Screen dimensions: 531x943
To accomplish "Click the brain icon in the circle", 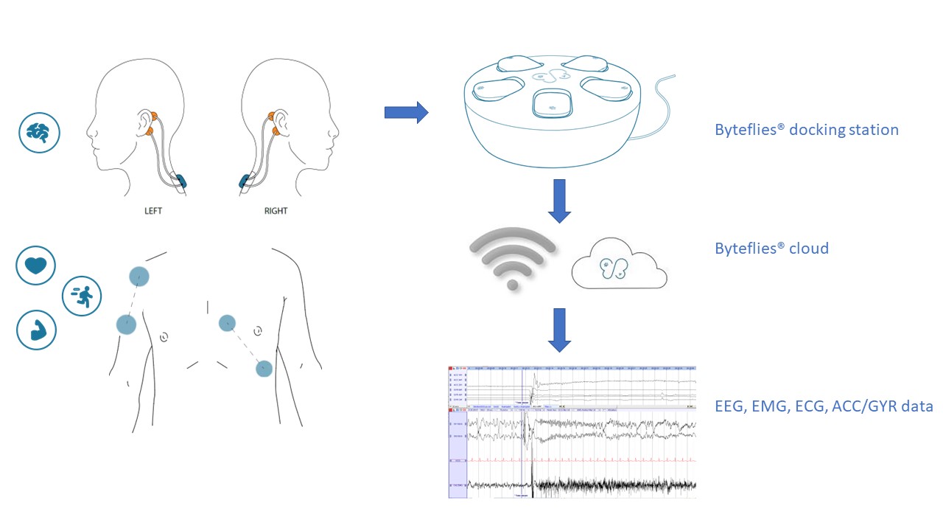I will pyautogui.click(x=38, y=133).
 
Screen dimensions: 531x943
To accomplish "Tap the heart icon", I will pyautogui.click(x=36, y=266).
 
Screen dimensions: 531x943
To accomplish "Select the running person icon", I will pyautogui.click(x=82, y=296).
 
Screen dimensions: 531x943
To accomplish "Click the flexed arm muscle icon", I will pyautogui.click(x=36, y=330).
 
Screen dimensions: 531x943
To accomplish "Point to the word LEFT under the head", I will pyautogui.click(x=153, y=210).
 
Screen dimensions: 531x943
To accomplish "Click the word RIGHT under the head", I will pyautogui.click(x=276, y=210).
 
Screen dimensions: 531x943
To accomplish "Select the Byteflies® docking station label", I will pyautogui.click(x=806, y=130).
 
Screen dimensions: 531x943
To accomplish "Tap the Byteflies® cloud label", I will pyautogui.click(x=771, y=248).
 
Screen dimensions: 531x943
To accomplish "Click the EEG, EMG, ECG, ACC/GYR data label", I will pyautogui.click(x=824, y=406).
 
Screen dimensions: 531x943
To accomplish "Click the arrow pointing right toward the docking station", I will pyautogui.click(x=406, y=112).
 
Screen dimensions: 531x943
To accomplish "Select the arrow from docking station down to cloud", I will pyautogui.click(x=559, y=200).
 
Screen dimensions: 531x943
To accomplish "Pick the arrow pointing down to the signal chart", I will pyautogui.click(x=559, y=330).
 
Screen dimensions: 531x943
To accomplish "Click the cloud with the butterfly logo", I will pyautogui.click(x=619, y=268).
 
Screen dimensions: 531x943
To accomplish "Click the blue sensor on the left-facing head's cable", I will pyautogui.click(x=180, y=180).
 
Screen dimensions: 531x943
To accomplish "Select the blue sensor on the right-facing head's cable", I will pyautogui.click(x=245, y=181).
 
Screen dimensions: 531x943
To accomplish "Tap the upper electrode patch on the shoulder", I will pyautogui.click(x=139, y=276).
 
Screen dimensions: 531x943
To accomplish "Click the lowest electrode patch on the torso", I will pyautogui.click(x=263, y=368).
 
